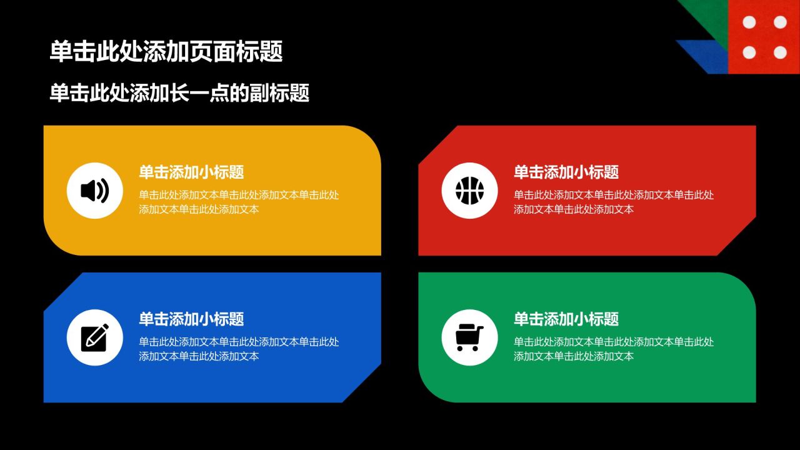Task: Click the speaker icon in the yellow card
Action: (94, 191)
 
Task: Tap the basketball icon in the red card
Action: (469, 191)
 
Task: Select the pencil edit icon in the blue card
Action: (95, 337)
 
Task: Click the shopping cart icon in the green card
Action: (469, 337)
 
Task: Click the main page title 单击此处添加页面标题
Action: (166, 51)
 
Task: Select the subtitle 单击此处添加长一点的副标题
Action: (179, 93)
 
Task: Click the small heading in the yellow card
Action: (191, 172)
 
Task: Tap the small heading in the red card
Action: (566, 172)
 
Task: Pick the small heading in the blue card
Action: (191, 319)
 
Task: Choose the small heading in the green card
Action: (566, 319)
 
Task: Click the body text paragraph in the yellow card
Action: (239, 202)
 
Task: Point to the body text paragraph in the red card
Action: (614, 202)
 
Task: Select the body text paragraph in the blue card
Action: (239, 349)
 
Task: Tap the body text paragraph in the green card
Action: (614, 349)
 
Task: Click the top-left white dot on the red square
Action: (749, 22)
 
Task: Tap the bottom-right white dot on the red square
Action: (781, 52)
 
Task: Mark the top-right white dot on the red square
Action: (781, 22)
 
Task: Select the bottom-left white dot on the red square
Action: (749, 52)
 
